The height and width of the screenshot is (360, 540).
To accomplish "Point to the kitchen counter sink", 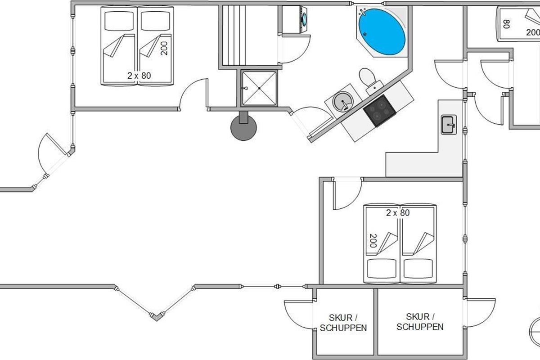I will pyautogui.click(x=449, y=125).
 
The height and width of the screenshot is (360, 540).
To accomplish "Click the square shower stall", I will pyautogui.click(x=259, y=88).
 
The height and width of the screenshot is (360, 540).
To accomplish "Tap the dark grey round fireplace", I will pyautogui.click(x=243, y=128).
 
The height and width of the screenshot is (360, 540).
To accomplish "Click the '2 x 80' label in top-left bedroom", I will pyautogui.click(x=139, y=76).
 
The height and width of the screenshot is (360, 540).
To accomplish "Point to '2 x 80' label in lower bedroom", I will pyautogui.click(x=398, y=213).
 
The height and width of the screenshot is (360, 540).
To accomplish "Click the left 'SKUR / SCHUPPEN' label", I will pyautogui.click(x=343, y=323).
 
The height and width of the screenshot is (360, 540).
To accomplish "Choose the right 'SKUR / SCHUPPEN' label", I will pyautogui.click(x=420, y=322).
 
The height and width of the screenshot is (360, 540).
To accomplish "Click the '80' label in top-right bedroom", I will pyautogui.click(x=506, y=24).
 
